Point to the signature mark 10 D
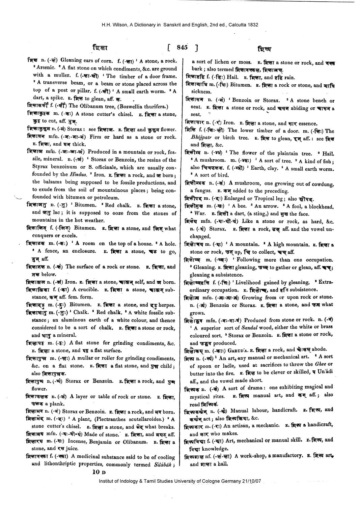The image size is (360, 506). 99,473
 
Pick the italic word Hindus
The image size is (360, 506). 78,174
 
